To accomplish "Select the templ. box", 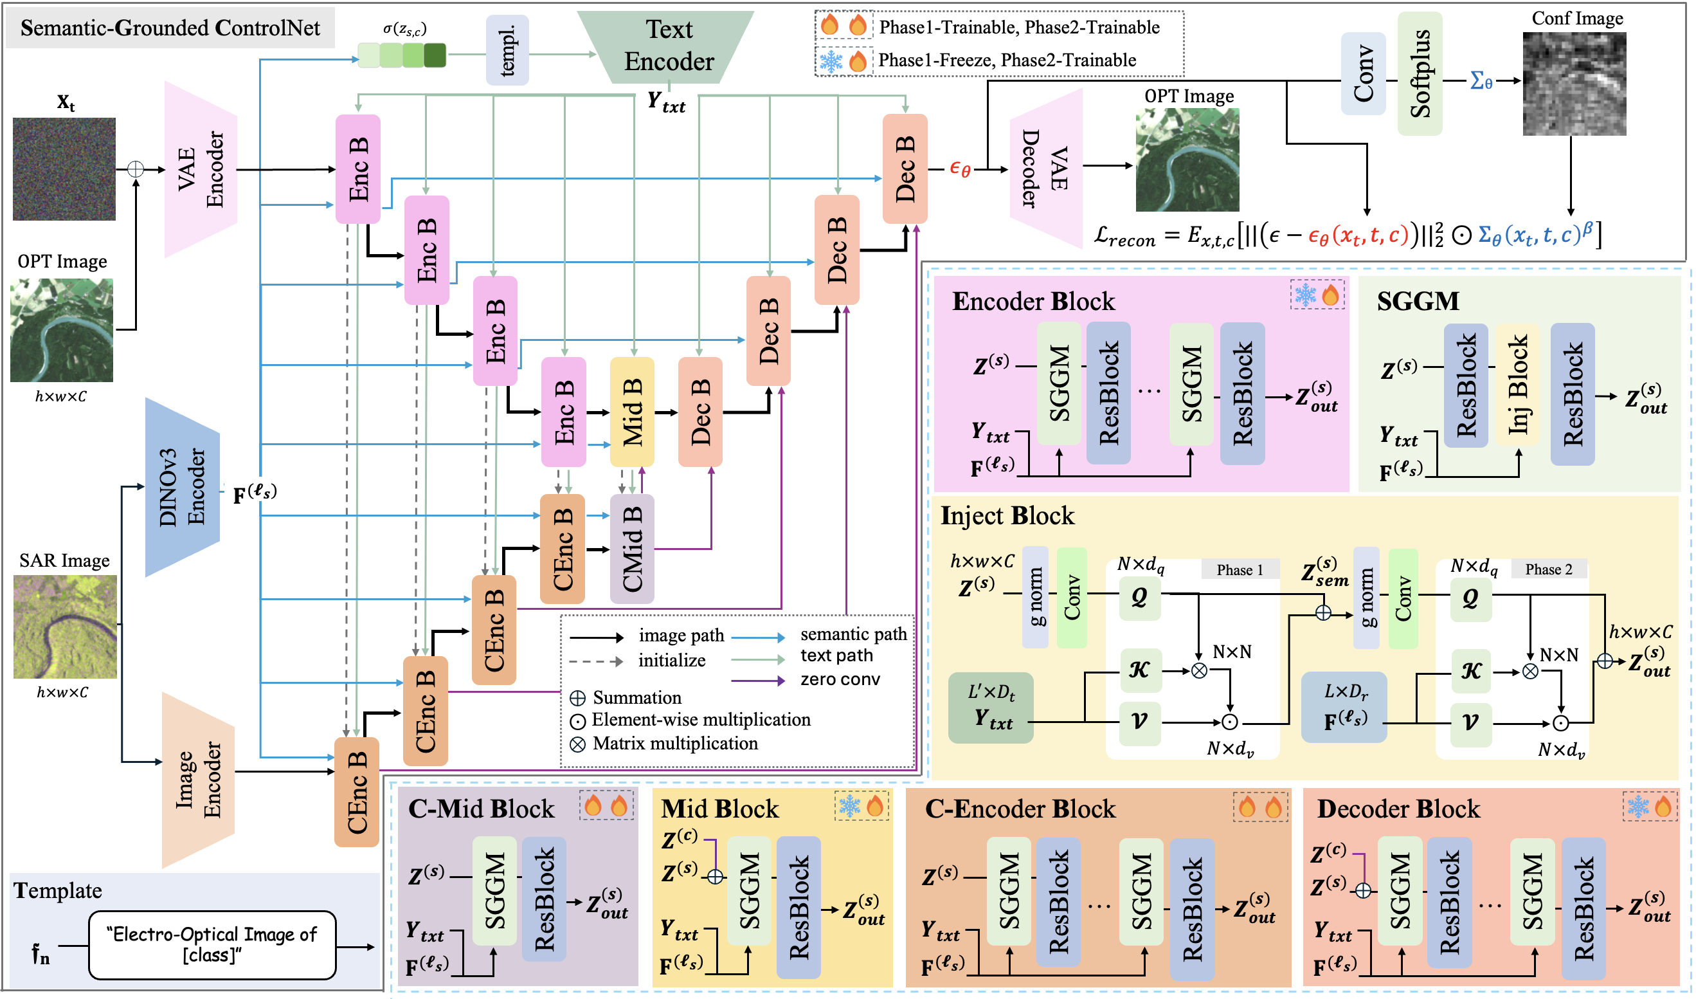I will [x=507, y=50].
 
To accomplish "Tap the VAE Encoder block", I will [x=201, y=169].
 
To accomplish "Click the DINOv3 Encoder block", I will [x=183, y=487].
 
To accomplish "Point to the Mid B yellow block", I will [x=631, y=411].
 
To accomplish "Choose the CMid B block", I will [x=631, y=549].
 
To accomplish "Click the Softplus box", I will [x=1420, y=73].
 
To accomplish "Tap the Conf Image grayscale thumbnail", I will [x=1574, y=84].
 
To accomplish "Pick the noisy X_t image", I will [x=64, y=169].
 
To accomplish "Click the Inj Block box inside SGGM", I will [x=1517, y=385].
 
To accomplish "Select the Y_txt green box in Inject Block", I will [x=990, y=708].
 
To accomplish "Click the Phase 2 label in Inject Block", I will [x=1549, y=569].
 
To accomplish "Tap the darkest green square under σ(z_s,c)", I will [x=435, y=55].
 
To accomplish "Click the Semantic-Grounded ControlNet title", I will [x=170, y=28].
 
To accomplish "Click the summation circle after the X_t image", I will [x=136, y=169].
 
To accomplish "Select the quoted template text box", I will [x=212, y=944].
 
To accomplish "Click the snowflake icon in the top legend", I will [x=831, y=61].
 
